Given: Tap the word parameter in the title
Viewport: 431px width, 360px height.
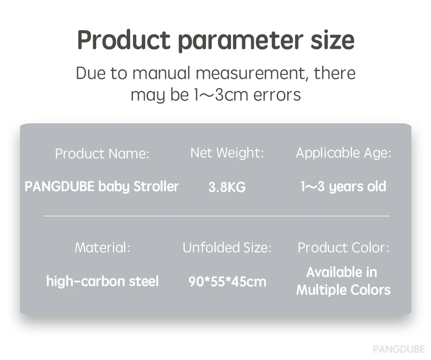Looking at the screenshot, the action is tap(241, 41).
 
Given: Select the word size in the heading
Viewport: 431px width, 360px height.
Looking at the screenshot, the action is tap(333, 40).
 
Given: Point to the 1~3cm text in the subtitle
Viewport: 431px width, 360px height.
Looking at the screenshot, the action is tap(221, 95).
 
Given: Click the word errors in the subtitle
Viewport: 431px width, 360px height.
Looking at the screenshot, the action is tap(277, 95).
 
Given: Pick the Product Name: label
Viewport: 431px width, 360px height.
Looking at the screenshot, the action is tap(102, 153).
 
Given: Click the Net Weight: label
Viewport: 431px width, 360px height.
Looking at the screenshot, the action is tap(227, 153).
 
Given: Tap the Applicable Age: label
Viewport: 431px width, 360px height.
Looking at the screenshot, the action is tap(344, 153).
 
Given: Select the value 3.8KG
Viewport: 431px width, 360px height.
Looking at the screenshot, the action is tap(227, 187).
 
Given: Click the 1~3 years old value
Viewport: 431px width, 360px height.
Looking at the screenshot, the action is tap(344, 187).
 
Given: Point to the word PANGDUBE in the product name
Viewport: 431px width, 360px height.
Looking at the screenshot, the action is tap(59, 186).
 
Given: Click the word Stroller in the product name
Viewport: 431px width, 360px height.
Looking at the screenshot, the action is tap(156, 186).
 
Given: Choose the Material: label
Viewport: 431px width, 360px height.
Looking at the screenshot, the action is tap(102, 247).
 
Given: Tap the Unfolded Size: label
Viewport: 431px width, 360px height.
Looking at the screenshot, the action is tap(227, 247).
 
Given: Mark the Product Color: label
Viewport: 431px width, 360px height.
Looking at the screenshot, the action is tap(344, 247).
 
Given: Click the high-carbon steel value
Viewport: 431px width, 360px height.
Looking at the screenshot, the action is tap(103, 282).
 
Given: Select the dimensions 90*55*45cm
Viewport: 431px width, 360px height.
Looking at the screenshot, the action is tap(227, 282).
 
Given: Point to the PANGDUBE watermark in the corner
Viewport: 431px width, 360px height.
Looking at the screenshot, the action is tap(399, 349).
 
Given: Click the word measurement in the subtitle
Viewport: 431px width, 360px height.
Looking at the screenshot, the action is tap(252, 73).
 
